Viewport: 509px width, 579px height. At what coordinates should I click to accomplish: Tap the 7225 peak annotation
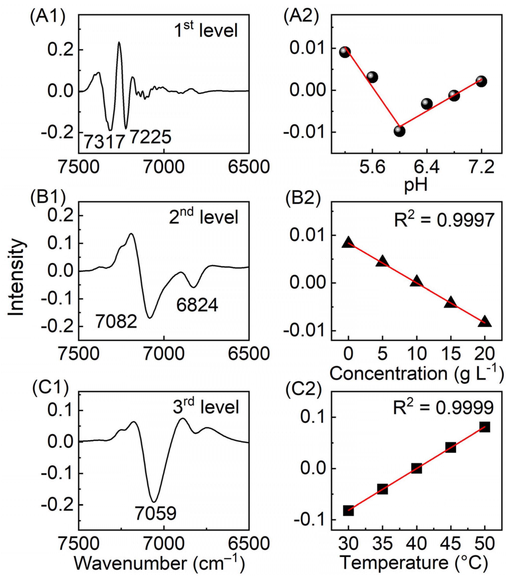[x=151, y=137]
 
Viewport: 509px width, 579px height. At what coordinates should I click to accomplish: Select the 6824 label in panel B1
[x=197, y=305]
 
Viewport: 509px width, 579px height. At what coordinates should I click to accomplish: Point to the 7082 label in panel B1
[x=116, y=322]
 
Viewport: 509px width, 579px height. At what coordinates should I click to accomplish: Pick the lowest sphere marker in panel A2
[x=399, y=131]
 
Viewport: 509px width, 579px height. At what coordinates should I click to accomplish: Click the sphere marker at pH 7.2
[x=481, y=82]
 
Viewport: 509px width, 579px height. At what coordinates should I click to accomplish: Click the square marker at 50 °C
[x=485, y=427]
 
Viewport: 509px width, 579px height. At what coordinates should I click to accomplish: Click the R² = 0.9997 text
[x=444, y=220]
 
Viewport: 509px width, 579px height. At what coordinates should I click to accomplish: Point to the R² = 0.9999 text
[x=444, y=408]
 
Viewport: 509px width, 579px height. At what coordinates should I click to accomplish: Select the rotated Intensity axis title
[x=16, y=278]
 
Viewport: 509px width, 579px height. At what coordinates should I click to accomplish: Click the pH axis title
[x=415, y=186]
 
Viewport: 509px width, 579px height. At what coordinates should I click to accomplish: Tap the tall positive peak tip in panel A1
[x=119, y=42]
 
